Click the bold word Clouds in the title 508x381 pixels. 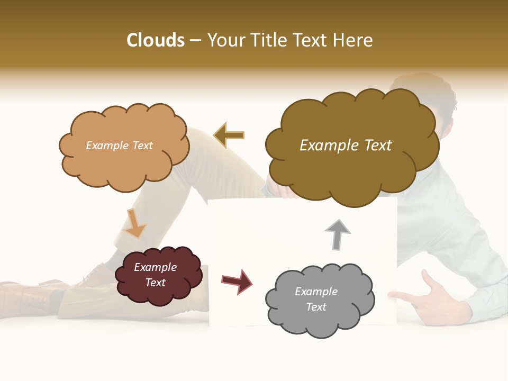pos(156,40)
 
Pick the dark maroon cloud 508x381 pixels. pos(158,275)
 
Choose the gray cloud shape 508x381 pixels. pos(319,299)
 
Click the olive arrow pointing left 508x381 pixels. pos(230,135)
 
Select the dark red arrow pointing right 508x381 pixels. pos(237,281)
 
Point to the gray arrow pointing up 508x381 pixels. pos(337,234)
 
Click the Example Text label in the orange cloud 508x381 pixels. pos(119,146)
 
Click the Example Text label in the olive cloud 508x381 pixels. pos(346,146)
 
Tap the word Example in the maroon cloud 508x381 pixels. pos(155,267)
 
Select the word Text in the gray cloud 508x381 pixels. pos(316,307)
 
